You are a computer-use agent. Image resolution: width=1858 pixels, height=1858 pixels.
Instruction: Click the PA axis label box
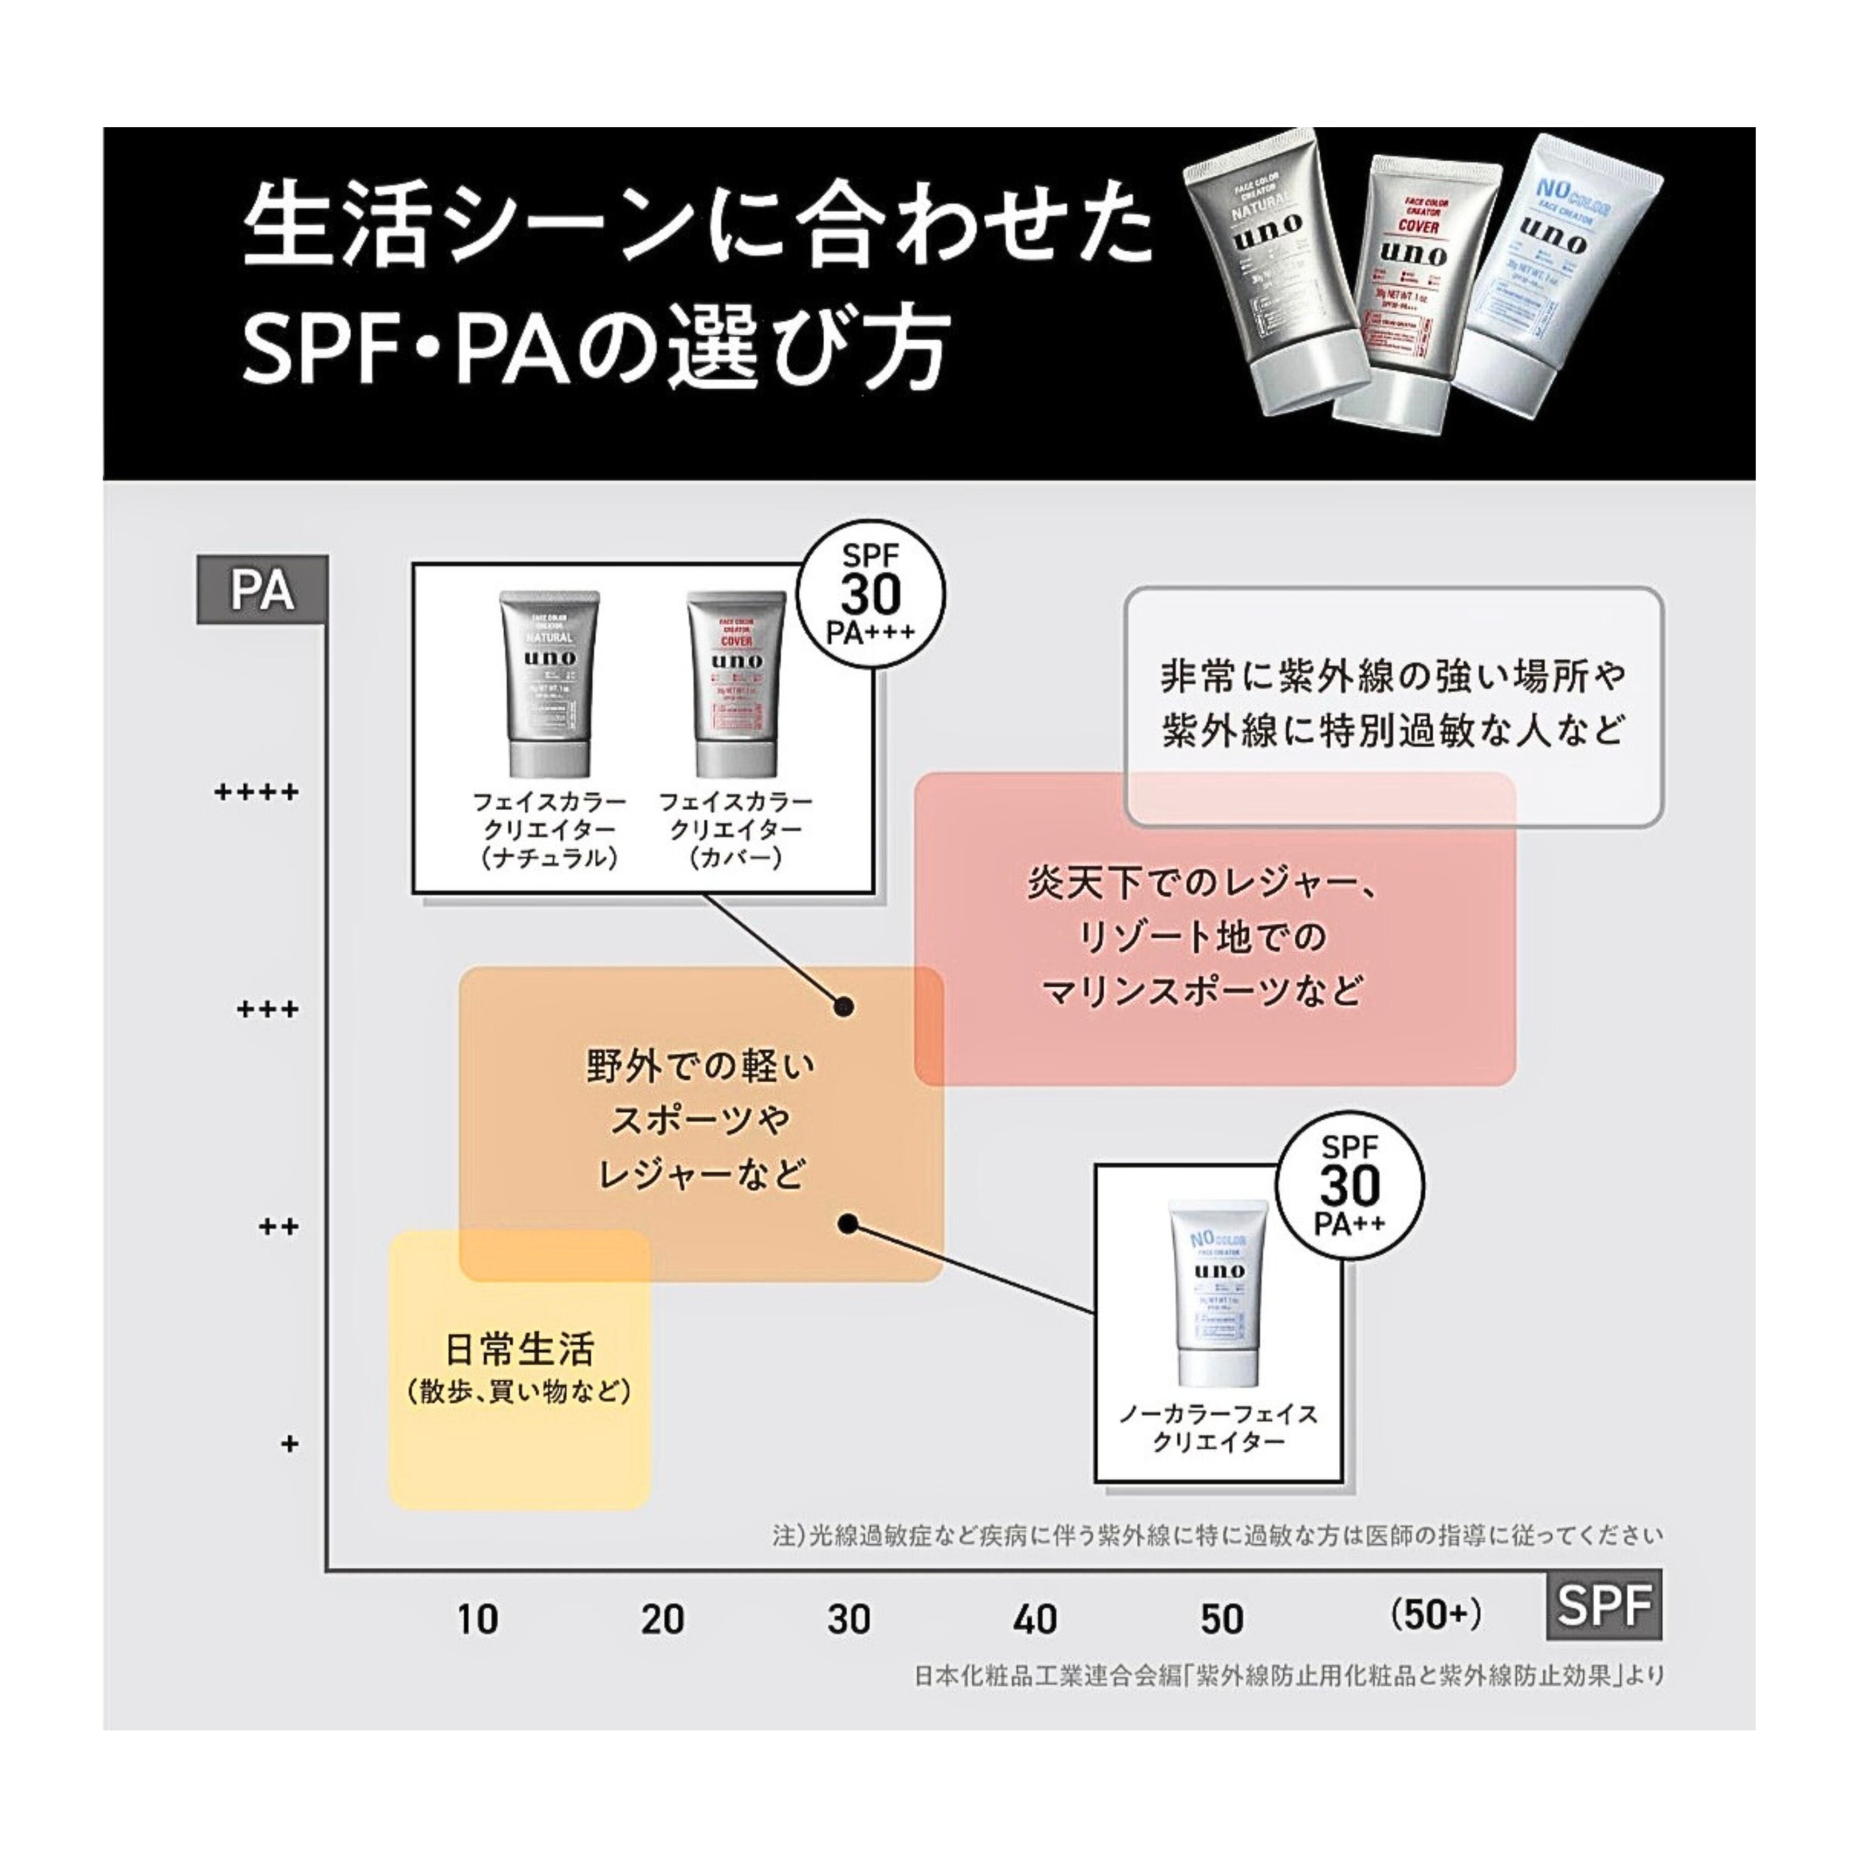[261, 591]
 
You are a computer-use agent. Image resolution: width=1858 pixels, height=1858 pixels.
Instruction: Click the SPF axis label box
[1603, 1605]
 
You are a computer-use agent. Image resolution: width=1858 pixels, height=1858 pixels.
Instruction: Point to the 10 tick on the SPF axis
[477, 1620]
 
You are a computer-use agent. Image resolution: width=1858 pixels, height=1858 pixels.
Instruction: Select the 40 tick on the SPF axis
[1035, 1620]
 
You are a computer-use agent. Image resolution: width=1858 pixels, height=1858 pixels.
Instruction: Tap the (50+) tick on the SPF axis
[1436, 1616]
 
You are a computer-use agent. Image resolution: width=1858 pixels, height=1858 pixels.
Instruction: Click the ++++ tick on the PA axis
[256, 793]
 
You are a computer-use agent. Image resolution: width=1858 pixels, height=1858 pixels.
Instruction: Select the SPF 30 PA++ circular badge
[1350, 1186]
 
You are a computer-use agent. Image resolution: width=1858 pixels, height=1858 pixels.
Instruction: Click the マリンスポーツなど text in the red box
[1202, 990]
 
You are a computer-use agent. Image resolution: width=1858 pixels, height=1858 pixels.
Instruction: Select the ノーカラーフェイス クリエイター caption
[1218, 1427]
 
